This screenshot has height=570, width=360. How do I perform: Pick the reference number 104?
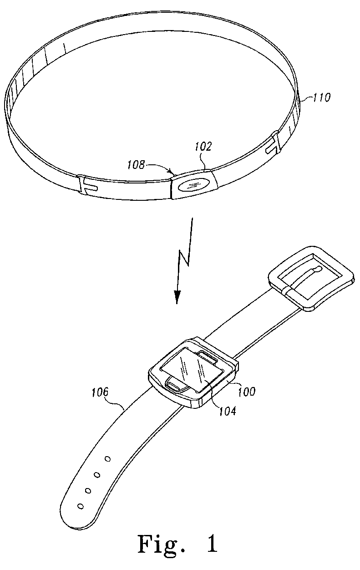coord(227,411)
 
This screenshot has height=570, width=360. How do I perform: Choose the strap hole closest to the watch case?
coord(108,458)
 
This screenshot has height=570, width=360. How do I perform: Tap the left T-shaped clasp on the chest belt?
coord(87,185)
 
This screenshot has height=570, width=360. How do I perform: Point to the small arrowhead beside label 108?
coord(172,172)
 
